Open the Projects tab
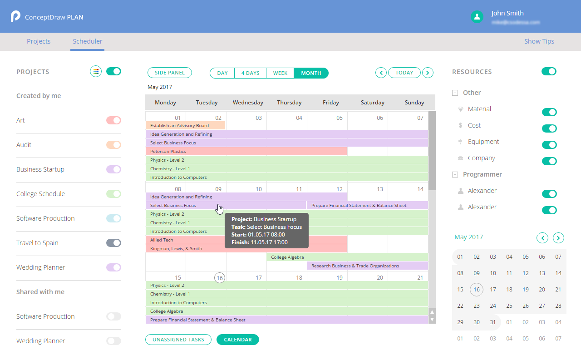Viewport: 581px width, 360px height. pyautogui.click(x=39, y=41)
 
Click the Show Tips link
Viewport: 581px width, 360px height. pyautogui.click(x=539, y=41)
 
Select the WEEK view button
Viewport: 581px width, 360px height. pyautogui.click(x=280, y=73)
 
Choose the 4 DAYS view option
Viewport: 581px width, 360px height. pyautogui.click(x=250, y=73)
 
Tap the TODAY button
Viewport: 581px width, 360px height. pyautogui.click(x=404, y=73)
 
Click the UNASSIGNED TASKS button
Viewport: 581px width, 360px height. pyautogui.click(x=178, y=340)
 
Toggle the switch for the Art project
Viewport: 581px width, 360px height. pyautogui.click(x=113, y=120)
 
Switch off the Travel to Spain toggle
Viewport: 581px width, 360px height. pyautogui.click(x=113, y=243)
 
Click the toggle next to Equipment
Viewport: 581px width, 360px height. pyautogui.click(x=549, y=145)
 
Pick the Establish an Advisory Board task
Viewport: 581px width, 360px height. pyautogui.click(x=185, y=126)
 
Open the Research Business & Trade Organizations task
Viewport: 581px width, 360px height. pyautogui.click(x=367, y=266)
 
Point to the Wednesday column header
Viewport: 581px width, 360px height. pyautogui.click(x=248, y=103)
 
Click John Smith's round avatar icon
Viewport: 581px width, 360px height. pyautogui.click(x=477, y=17)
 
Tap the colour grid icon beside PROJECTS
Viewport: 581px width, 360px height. pyautogui.click(x=96, y=71)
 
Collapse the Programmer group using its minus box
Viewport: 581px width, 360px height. pyautogui.click(x=455, y=174)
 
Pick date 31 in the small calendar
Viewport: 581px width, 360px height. pyautogui.click(x=493, y=322)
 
